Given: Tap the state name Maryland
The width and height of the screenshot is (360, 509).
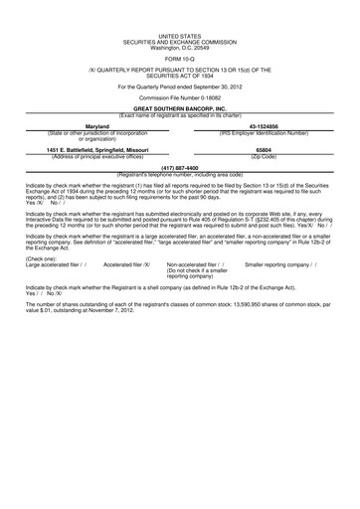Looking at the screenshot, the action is (97, 126).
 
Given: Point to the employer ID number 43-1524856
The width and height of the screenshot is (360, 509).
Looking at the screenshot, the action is (264, 126).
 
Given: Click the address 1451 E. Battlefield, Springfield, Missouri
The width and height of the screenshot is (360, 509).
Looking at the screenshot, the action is (97, 149).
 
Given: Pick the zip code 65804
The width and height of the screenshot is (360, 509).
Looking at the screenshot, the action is (264, 149).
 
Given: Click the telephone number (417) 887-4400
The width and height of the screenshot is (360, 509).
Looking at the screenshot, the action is (180, 168).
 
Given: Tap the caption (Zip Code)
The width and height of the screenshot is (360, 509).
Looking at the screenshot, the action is (264, 155).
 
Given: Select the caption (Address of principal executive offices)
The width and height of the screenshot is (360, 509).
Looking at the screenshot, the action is (97, 155).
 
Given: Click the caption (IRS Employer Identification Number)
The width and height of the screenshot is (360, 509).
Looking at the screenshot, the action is (264, 132).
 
